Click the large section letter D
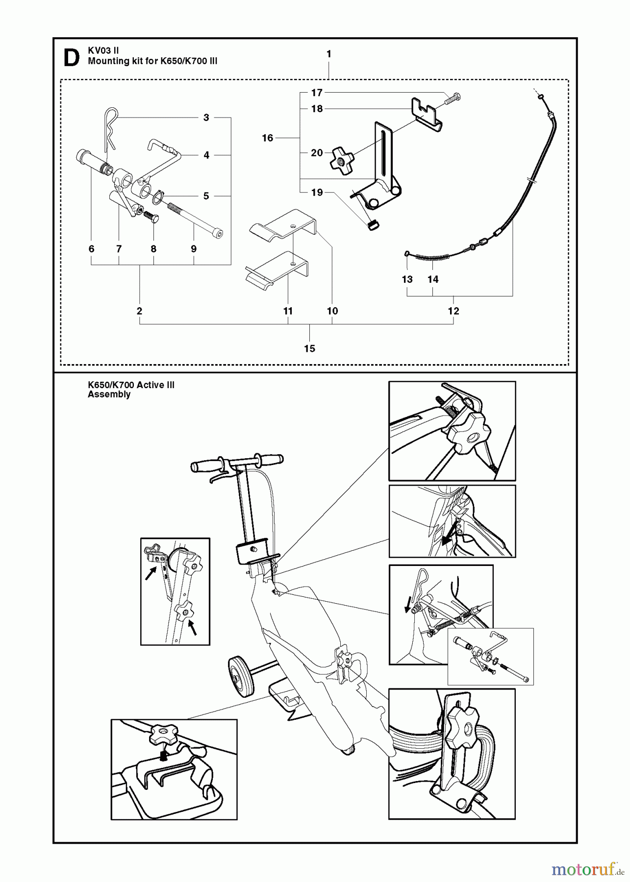point(72,57)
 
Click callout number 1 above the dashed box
point(328,54)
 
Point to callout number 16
point(267,138)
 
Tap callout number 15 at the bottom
point(309,348)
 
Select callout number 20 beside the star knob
point(317,153)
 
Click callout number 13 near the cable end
point(407,279)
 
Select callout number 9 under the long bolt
point(194,249)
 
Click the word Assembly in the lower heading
point(109,394)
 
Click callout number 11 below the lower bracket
point(288,311)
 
